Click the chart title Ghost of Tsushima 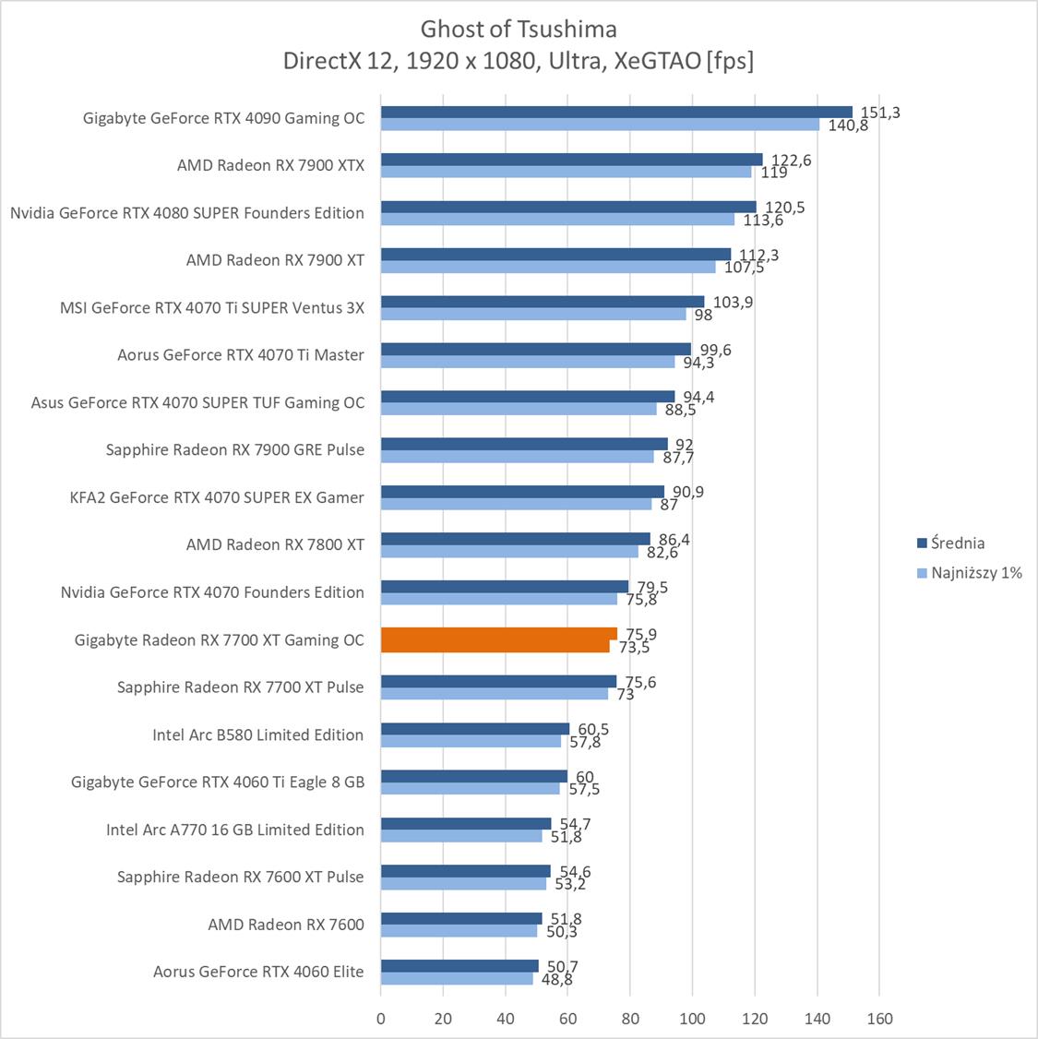(519, 29)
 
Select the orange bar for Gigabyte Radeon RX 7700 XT (498, 639)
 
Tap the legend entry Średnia (957, 543)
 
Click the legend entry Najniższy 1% (976, 572)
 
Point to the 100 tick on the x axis (692, 1019)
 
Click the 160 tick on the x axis (879, 1019)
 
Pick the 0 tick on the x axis (381, 1019)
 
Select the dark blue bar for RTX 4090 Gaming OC (616, 113)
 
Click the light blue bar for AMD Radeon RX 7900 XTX (566, 172)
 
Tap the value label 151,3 (880, 113)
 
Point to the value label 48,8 (556, 979)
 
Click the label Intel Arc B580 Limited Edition (258, 734)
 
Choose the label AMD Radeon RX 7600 (286, 924)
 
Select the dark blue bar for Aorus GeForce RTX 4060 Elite (459, 965)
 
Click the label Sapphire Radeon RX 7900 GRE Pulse (235, 449)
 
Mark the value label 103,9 (733, 302)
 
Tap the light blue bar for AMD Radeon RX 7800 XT (509, 552)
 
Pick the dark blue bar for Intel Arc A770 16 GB (466, 823)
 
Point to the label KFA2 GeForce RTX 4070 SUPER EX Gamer (217, 497)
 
